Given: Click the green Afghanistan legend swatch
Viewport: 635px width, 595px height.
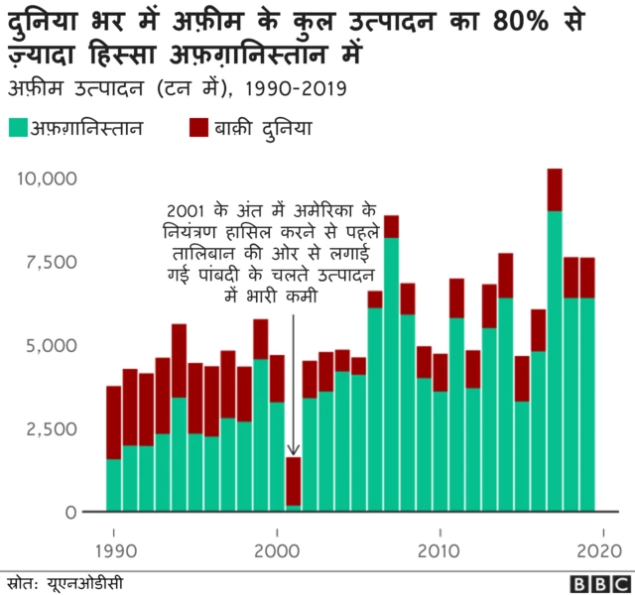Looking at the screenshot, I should pyautogui.click(x=18, y=128).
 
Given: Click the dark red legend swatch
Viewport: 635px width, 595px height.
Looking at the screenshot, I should pyautogui.click(x=195, y=128).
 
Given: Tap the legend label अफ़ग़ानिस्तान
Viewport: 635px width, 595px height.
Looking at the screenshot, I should pyautogui.click(x=87, y=128).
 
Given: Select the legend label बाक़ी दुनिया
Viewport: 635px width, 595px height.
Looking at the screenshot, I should pyautogui.click(x=260, y=128).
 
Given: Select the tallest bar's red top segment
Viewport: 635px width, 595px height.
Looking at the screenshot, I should pyautogui.click(x=555, y=189).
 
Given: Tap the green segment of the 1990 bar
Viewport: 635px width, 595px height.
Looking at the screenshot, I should pyautogui.click(x=114, y=486).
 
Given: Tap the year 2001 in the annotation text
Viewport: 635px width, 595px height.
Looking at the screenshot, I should pyautogui.click(x=188, y=213).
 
